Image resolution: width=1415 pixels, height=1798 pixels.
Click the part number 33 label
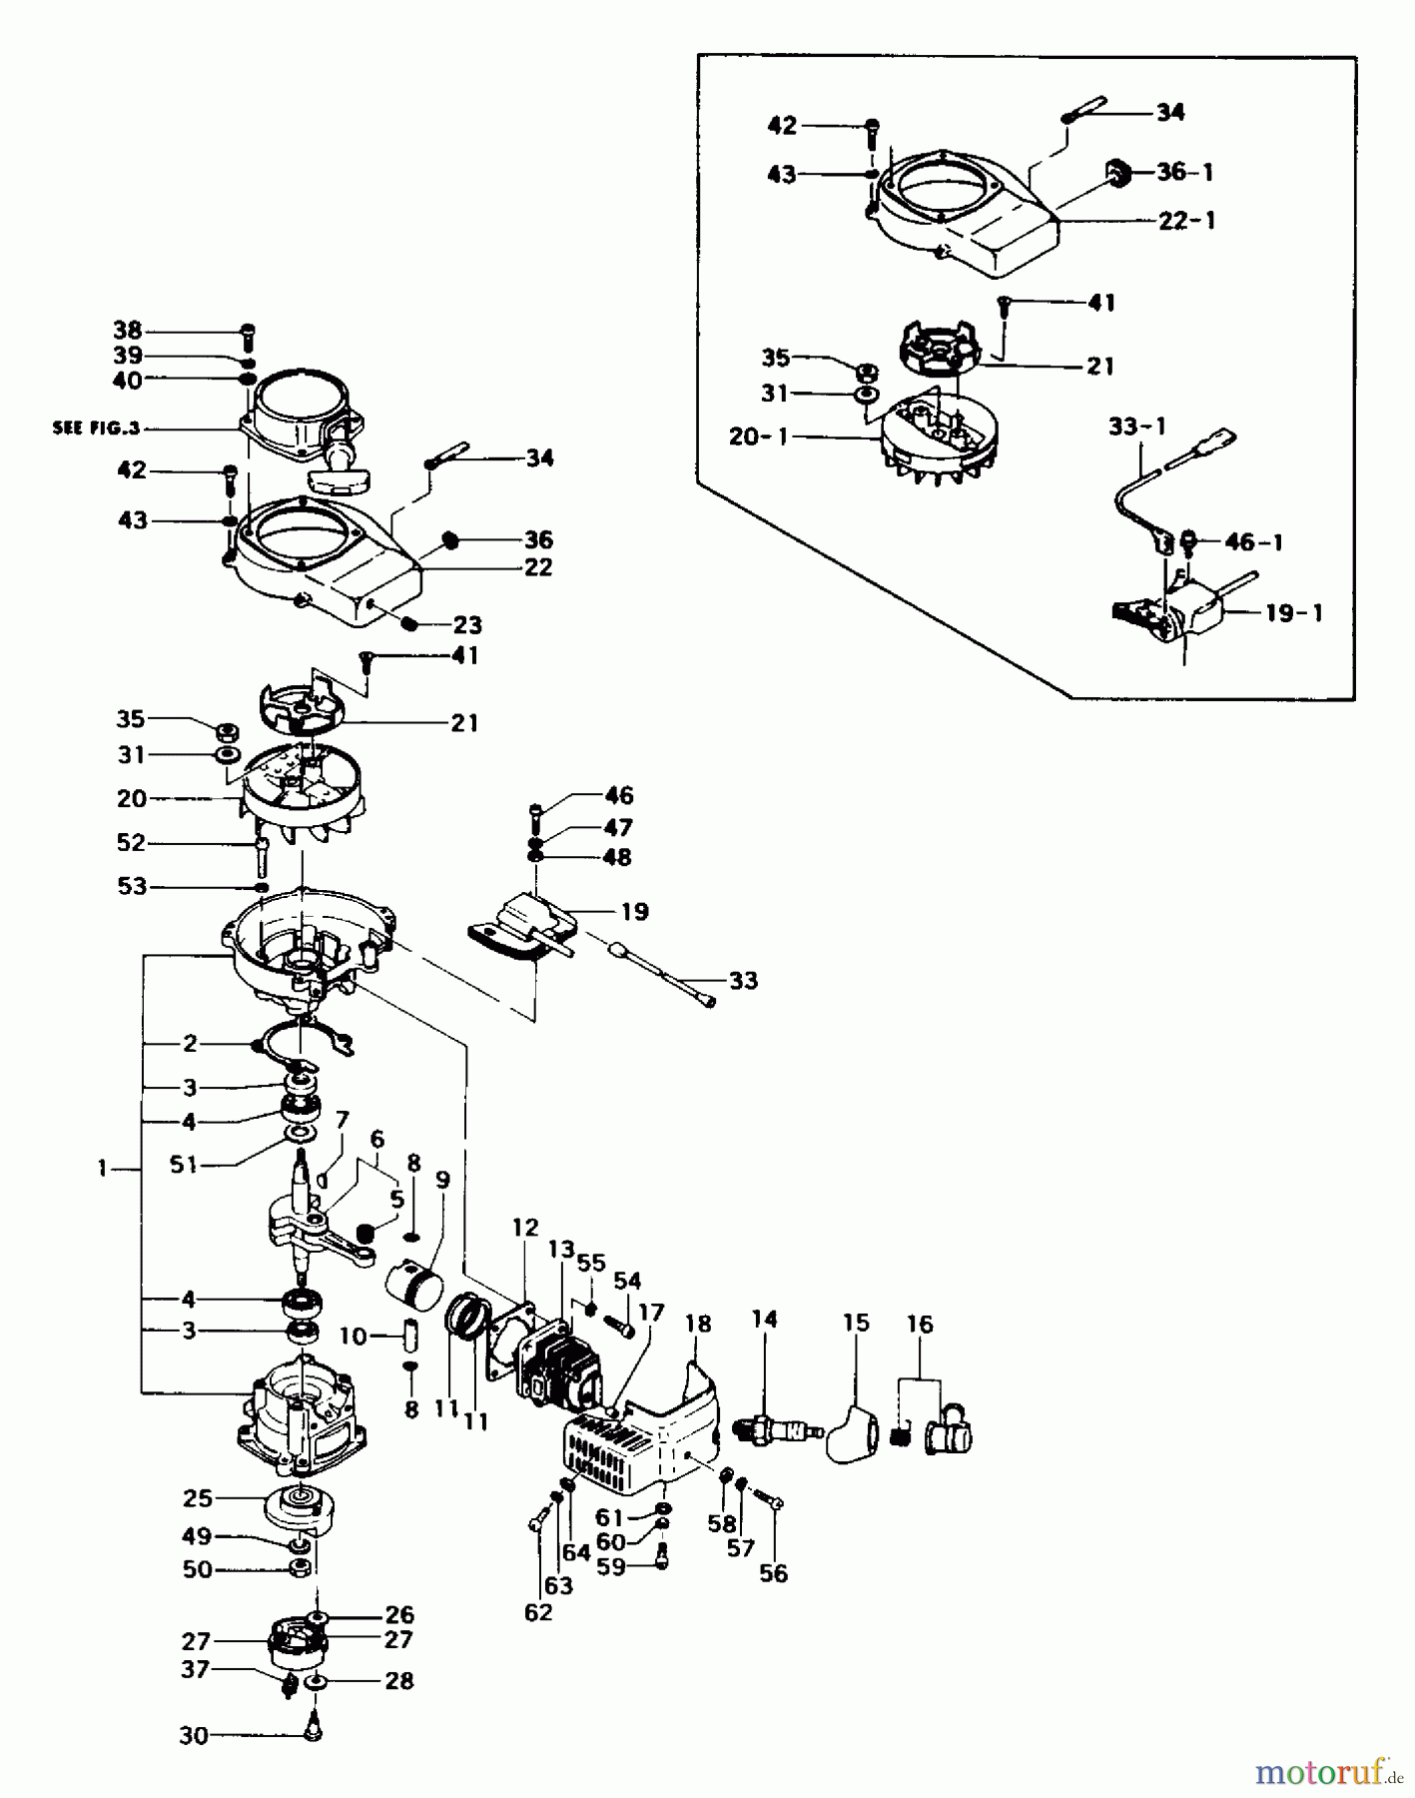coord(743,981)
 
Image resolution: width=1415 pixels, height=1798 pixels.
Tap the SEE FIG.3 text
coord(96,429)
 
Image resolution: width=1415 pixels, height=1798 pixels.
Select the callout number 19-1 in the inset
coord(1293,613)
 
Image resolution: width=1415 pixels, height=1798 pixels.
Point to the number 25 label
coord(197,1498)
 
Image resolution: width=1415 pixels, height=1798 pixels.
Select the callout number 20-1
coord(758,437)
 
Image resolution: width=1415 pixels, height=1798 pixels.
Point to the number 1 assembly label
coord(102,1168)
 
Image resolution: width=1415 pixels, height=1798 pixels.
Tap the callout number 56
coord(773,1573)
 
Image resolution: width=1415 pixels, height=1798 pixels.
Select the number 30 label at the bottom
coord(194,1736)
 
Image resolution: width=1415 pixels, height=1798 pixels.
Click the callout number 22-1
coord(1186,221)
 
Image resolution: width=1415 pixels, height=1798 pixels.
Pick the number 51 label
coord(184,1165)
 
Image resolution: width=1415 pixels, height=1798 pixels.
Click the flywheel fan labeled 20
coord(300,789)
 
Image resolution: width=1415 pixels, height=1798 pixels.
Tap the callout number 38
coord(128,331)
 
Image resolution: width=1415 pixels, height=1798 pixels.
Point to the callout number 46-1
coord(1253,542)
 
